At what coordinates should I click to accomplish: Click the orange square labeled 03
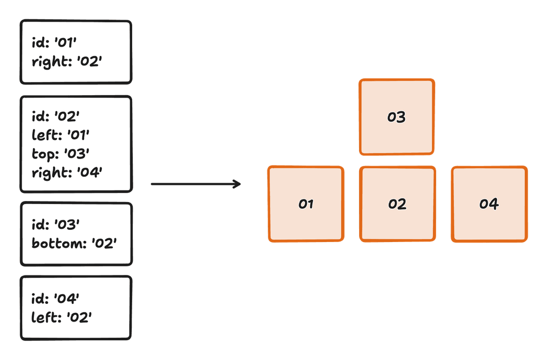pos(397,116)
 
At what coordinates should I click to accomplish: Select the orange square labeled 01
pos(306,204)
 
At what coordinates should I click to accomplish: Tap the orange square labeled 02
pos(397,204)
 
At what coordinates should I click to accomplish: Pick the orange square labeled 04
pos(489,204)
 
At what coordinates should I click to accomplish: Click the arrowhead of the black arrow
pos(237,184)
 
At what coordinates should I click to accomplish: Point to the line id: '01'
pos(54,44)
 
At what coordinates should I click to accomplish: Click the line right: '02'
pos(67,62)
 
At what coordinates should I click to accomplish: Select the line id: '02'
pos(55,116)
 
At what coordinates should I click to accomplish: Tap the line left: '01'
pos(60,135)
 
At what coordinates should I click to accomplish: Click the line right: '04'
pos(67,173)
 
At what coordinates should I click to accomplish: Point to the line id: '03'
pos(55,224)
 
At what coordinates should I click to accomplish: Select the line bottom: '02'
pos(74,243)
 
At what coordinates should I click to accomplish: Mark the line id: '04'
pos(55,299)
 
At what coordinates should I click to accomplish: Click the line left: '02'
pos(61,317)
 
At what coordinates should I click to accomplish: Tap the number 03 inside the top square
pos(397,117)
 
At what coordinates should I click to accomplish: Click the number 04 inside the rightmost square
pos(489,204)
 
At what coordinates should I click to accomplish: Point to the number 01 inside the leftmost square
pos(306,204)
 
